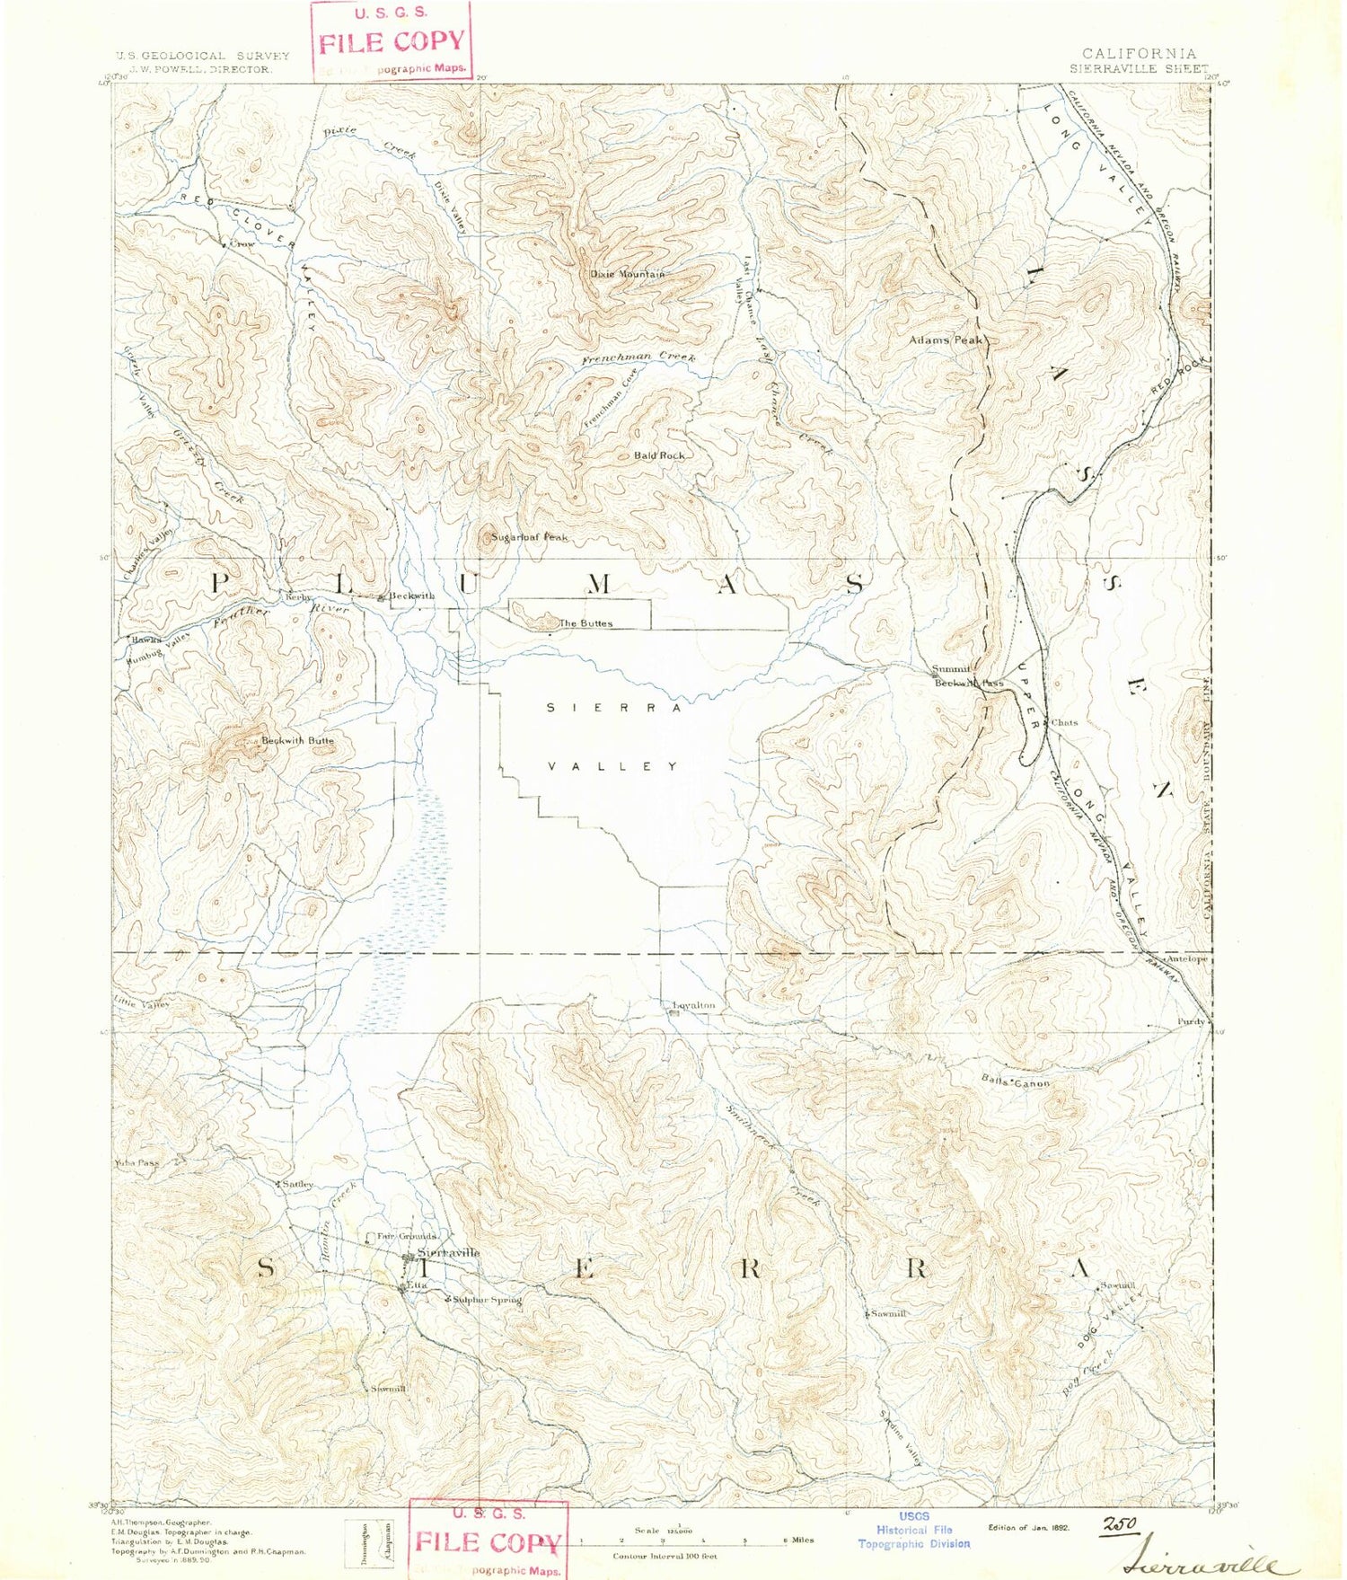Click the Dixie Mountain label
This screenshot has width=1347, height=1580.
(x=627, y=274)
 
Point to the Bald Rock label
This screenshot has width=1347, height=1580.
(x=659, y=455)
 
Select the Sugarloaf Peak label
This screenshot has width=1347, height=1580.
(x=529, y=537)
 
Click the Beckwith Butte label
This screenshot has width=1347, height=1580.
(x=297, y=741)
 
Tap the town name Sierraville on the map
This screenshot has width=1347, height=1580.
(x=448, y=1252)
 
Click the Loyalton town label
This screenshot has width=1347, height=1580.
(x=694, y=1005)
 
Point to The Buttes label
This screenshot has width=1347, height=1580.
(x=585, y=623)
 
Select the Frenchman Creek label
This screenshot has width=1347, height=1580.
(x=638, y=358)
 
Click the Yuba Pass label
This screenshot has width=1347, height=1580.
(x=136, y=1162)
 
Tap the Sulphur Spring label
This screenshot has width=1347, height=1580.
(x=486, y=1299)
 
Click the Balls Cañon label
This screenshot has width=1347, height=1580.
(x=1015, y=1082)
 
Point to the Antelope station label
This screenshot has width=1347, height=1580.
(x=1186, y=959)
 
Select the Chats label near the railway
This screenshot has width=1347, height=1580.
(x=1064, y=722)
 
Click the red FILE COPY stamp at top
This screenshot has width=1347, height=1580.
(x=392, y=41)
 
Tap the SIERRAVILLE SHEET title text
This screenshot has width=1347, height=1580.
(x=1139, y=67)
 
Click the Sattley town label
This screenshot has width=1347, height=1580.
(x=298, y=1184)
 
